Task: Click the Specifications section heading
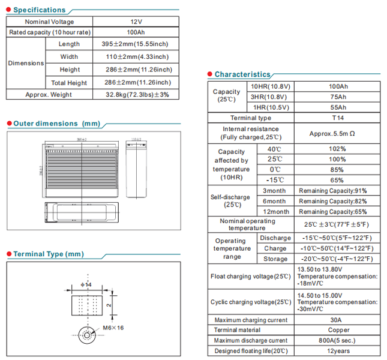point(39,10)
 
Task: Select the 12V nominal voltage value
point(136,22)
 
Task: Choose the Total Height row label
point(69,83)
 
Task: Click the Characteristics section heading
point(242,74)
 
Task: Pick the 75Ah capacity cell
point(338,97)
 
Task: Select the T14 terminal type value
point(338,118)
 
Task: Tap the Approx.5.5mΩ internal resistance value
point(337,133)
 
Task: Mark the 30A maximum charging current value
point(338,320)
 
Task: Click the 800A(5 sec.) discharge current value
point(338,340)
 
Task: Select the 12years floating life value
point(338,350)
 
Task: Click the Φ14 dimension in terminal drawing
point(86,283)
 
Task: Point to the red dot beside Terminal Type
point(9,254)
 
